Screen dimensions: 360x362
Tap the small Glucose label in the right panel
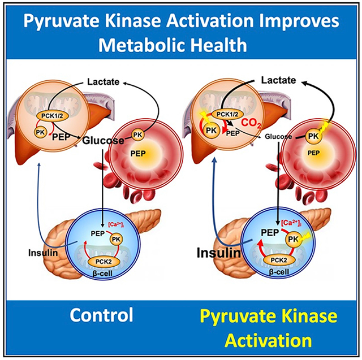pos(278,136)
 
